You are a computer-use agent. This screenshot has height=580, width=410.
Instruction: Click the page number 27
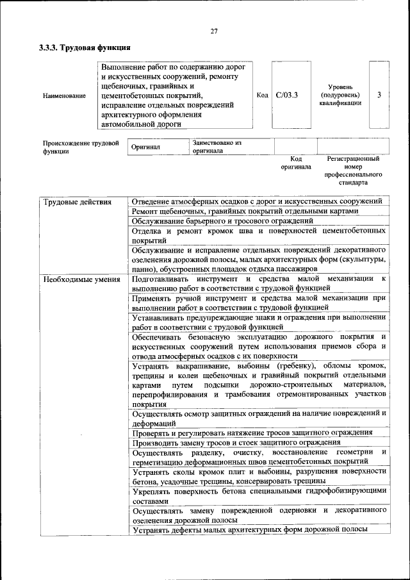click(214, 32)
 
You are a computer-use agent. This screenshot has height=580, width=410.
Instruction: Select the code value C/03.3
click(287, 95)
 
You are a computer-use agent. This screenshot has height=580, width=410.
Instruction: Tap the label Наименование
click(64, 95)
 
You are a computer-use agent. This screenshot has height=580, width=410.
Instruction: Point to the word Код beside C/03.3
click(262, 95)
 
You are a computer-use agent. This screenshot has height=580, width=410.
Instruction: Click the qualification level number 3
click(379, 95)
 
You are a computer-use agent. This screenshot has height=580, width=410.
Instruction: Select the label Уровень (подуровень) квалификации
click(340, 95)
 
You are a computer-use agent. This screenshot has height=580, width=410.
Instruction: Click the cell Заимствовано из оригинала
click(217, 147)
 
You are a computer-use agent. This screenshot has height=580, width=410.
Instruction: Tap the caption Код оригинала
click(295, 162)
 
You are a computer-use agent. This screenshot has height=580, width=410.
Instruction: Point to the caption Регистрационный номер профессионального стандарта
click(353, 170)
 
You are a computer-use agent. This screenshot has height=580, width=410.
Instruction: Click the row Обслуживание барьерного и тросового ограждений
click(222, 220)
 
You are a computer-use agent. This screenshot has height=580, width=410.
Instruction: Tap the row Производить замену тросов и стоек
click(236, 442)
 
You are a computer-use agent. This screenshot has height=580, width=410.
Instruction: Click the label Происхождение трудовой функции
click(81, 147)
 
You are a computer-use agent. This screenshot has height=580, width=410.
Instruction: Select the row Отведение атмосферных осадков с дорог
click(258, 201)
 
